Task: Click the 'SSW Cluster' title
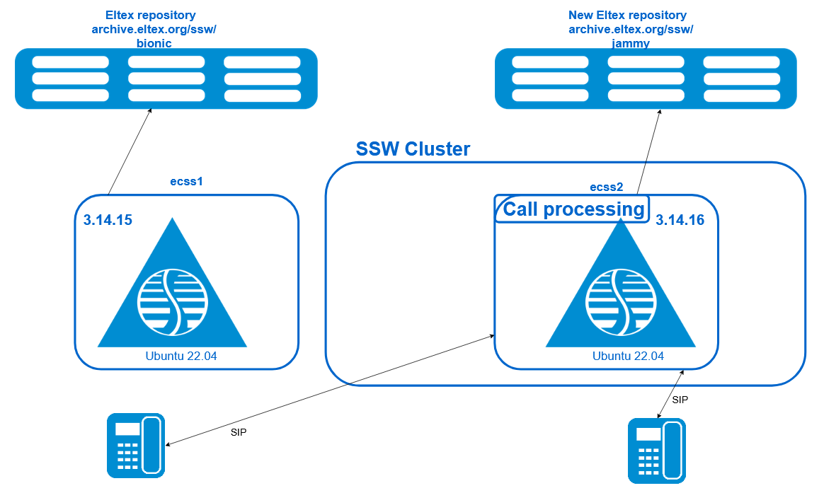point(413,149)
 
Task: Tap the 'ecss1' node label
point(186,182)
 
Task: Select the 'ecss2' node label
point(607,187)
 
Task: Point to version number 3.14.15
point(108,220)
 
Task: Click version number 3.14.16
point(680,220)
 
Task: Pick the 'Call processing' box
point(572,209)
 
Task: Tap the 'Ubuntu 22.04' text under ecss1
point(181,356)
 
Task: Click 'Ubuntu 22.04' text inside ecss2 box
point(628,356)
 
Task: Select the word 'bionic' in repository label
point(154,43)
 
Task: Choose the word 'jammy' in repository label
point(631,43)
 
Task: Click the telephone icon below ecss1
point(136,445)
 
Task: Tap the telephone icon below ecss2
point(657,451)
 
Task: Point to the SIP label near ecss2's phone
point(680,400)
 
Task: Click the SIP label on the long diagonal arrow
point(239,433)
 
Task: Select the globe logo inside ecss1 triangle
point(172,303)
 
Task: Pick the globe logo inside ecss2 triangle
point(621,303)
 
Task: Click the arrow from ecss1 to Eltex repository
point(130,152)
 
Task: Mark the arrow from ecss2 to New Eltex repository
point(648,152)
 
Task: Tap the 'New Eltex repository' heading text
point(627,16)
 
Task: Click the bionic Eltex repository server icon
point(166,79)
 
